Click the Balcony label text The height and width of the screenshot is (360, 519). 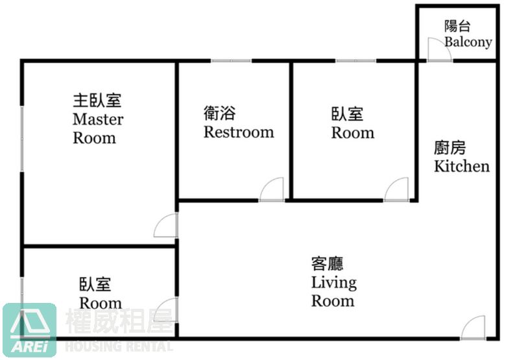[x=468, y=42]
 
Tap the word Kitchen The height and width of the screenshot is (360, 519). [x=462, y=166]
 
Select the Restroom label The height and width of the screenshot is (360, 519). [x=239, y=132]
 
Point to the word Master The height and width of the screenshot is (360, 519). [x=98, y=119]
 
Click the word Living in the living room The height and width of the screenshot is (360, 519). [x=334, y=283]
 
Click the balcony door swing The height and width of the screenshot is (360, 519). [x=440, y=50]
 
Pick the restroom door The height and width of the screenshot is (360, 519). [x=272, y=189]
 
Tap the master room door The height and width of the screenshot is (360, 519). [x=166, y=225]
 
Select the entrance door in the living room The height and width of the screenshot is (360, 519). [x=473, y=328]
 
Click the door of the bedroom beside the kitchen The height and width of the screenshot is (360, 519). [x=396, y=189]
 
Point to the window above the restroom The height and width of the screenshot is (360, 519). [x=231, y=61]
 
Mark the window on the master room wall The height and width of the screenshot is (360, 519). [x=22, y=138]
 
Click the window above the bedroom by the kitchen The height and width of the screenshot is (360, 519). [x=356, y=61]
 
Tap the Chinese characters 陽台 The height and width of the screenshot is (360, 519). [x=457, y=26]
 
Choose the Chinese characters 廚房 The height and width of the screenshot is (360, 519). [x=450, y=148]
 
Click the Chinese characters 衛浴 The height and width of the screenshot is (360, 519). [x=219, y=113]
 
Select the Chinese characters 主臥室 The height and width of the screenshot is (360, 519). [x=97, y=101]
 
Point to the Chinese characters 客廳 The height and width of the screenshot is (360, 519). [x=328, y=264]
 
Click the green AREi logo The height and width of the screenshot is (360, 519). [x=30, y=331]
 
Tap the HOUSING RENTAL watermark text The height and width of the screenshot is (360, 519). [x=119, y=346]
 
